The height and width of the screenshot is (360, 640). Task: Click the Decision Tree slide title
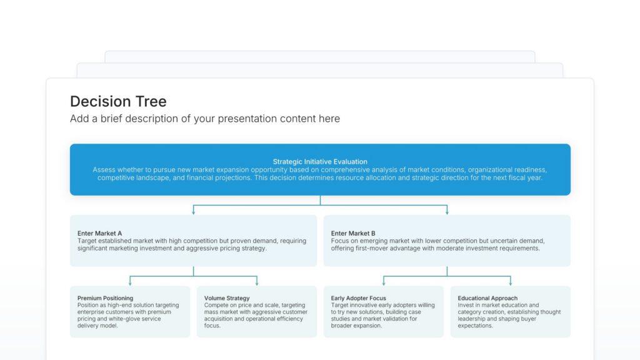[x=118, y=101]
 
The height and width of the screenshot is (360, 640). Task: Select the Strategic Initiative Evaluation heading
[x=320, y=162]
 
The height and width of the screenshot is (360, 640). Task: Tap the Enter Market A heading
[x=100, y=234]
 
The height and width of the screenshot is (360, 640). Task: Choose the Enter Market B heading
[x=353, y=234]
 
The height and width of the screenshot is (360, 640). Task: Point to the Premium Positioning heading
[x=105, y=298]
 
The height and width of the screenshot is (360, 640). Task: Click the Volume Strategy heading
[x=227, y=298]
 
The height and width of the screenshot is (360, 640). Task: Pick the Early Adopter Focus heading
[x=359, y=298]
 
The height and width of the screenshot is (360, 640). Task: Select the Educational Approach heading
[x=487, y=298]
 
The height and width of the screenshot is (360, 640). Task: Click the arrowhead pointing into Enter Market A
[x=194, y=212]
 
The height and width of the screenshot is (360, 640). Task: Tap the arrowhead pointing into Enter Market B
[x=447, y=212]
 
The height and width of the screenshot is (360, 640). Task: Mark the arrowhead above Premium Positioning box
[x=130, y=283]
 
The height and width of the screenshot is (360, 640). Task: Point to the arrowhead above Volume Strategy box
[x=257, y=283]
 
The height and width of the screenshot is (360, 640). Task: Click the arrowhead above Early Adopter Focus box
[x=384, y=283]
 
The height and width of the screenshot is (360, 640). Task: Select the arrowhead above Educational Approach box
[x=511, y=283]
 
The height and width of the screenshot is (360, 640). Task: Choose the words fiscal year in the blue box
[x=525, y=177]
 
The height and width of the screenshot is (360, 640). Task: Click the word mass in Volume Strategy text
[x=212, y=312]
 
